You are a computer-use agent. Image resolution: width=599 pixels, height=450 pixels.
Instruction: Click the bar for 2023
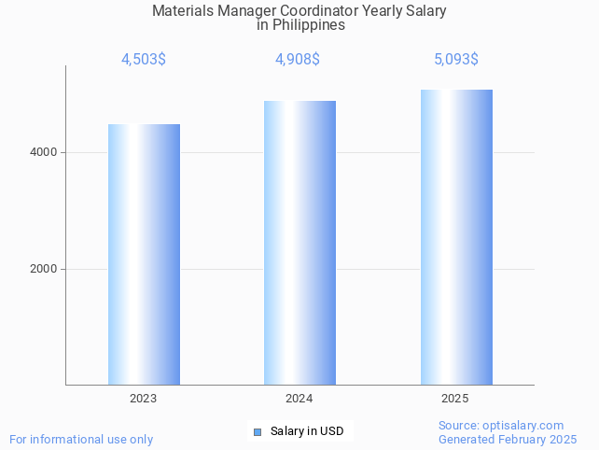[144, 254]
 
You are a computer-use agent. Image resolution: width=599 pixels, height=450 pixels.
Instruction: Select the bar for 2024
[299, 243]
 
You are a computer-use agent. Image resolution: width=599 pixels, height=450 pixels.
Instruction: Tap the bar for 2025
[456, 237]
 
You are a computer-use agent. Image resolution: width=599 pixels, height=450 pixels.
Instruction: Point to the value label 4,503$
[144, 60]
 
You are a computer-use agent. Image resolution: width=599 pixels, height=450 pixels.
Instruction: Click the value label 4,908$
[298, 60]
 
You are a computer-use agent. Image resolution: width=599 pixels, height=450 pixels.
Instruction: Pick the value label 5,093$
[456, 60]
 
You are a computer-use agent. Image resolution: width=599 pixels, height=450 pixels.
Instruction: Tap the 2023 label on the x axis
[144, 399]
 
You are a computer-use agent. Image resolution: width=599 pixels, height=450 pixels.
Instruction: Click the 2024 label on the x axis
[299, 399]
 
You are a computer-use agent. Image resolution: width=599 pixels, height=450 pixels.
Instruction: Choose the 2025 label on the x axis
[455, 399]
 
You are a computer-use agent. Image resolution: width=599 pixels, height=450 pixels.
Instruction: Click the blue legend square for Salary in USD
[258, 431]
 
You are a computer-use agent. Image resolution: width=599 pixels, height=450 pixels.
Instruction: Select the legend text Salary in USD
[307, 431]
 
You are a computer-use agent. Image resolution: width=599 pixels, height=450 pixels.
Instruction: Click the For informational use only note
[81, 439]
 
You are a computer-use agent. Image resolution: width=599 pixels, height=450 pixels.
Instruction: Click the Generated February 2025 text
[508, 439]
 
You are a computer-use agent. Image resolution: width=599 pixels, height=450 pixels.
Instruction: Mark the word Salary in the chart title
[425, 11]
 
